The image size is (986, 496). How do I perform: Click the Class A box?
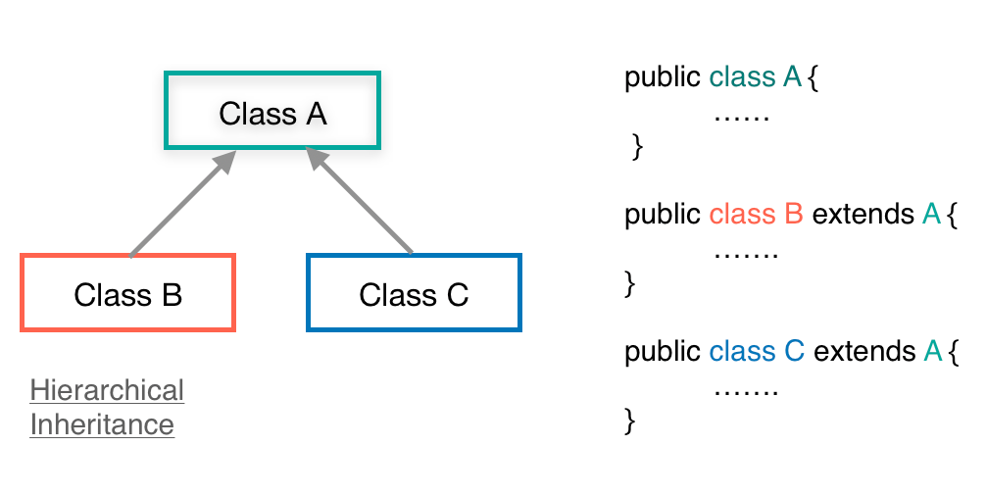pos(272,111)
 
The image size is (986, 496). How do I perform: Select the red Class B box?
pos(127,292)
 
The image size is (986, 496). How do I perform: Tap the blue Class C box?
pos(414,292)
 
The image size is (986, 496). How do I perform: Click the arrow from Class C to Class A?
pos(361,203)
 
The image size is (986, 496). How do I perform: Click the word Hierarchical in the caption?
pos(107,390)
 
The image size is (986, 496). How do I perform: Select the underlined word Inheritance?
pos(102,424)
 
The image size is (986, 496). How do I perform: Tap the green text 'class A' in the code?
pos(756,77)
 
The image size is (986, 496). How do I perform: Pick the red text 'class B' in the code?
pos(756,214)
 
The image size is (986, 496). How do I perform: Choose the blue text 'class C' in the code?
pos(756,351)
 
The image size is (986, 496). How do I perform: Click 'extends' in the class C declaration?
pos(863,351)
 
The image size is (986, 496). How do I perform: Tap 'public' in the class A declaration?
pos(663,77)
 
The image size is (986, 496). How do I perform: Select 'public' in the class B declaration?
pos(663,214)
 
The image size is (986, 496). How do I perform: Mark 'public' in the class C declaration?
pos(663,351)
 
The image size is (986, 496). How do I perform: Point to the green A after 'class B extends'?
pos(931,214)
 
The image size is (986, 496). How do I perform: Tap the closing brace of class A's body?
pos(637,147)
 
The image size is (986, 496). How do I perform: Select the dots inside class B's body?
pos(745,254)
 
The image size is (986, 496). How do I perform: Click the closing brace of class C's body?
pos(630,422)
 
